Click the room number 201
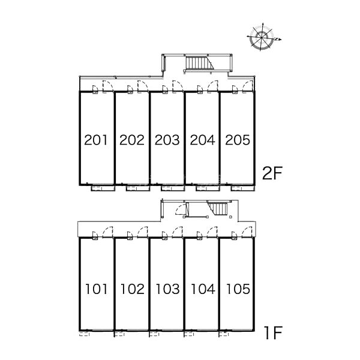coord(96,140)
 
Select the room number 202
coord(132,140)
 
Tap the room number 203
coord(167,140)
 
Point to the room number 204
coord(203,140)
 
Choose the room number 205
coord(238,140)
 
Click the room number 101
coord(97,289)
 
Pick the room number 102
coord(133,289)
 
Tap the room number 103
coord(168,289)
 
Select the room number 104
coord(203,289)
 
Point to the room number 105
coord(238,289)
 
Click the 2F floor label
coord(272,173)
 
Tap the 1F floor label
coord(273,332)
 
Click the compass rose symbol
coord(262,37)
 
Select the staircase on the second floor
coord(199,63)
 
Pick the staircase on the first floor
coord(218,208)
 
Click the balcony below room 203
coord(173,188)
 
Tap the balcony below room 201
coord(103,188)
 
